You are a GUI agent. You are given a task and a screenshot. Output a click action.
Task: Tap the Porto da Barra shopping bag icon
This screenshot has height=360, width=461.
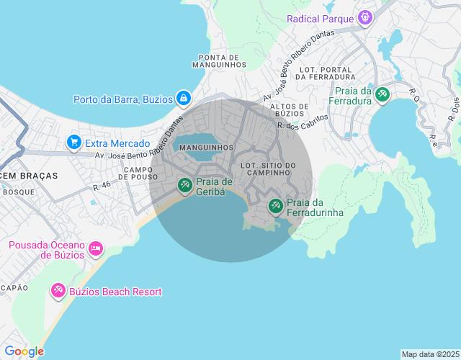[184, 99]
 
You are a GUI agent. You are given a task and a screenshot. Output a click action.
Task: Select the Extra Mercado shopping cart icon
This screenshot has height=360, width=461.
[73, 143]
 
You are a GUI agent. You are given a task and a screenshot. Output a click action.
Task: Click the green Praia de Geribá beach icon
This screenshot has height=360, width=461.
[185, 186]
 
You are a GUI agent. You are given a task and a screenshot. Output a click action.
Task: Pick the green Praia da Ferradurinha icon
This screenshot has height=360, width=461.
[275, 207]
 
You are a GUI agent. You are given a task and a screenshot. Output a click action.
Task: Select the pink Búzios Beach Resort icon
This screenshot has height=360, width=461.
[58, 292]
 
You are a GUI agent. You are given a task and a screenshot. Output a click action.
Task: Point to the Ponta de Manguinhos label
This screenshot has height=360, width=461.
[219, 61]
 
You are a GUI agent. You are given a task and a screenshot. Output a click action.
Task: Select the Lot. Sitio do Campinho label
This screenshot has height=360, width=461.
[268, 170]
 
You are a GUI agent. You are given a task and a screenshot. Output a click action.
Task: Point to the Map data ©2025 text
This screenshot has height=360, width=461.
[430, 354]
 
